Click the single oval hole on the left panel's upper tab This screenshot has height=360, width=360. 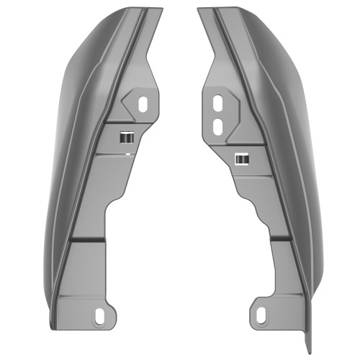click(143, 103)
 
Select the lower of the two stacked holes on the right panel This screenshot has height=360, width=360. click(217, 125)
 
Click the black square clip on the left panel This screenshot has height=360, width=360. click(127, 137)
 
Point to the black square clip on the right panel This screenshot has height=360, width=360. click(242, 158)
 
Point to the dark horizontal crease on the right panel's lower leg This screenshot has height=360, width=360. click(281, 238)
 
